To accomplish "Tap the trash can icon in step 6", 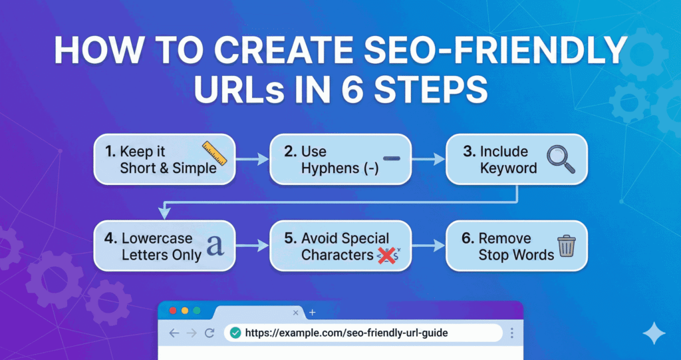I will tap(566, 246).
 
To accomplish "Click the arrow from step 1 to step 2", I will tap(252, 160).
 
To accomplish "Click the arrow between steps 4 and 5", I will tap(252, 246).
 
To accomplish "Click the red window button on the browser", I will tap(174, 311).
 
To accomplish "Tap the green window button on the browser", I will tap(196, 311).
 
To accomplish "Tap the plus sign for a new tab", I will tap(313, 312).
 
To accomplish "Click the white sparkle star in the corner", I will tap(654, 333).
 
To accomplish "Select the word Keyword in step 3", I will tap(509, 168).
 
